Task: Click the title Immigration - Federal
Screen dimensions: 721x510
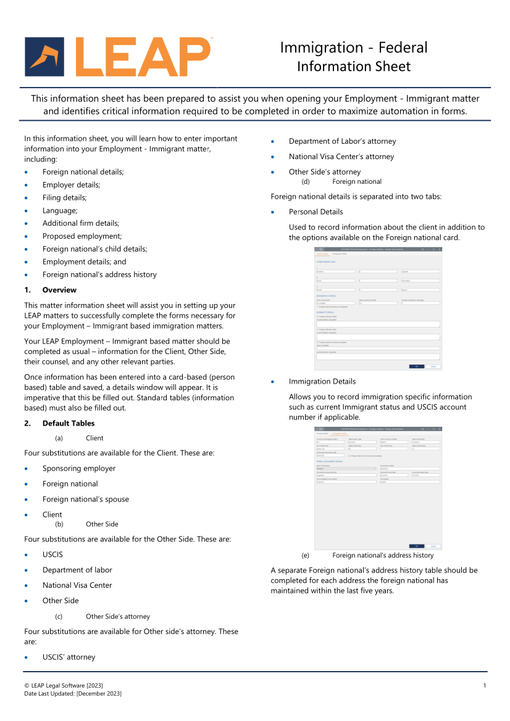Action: coord(353,47)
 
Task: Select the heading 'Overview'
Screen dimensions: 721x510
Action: coord(59,290)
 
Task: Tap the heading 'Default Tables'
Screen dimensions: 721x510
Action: coord(69,423)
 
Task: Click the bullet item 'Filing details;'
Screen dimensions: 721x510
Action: coord(64,197)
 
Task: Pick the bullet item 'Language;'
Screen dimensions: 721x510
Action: coord(60,210)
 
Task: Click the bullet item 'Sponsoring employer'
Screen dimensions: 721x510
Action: coord(79,468)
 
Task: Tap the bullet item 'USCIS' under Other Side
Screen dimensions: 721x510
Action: coord(52,554)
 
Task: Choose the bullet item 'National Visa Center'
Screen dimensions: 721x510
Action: coord(77,585)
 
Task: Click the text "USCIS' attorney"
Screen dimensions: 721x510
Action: coord(69,657)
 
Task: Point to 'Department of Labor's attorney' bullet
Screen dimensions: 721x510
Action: coord(342,141)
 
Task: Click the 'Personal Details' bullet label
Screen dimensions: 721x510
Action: coord(316,212)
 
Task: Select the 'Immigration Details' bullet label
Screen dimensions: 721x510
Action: coord(322,381)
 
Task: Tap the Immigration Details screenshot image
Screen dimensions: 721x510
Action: coord(378,487)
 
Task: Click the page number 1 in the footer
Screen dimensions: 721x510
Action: coord(485,686)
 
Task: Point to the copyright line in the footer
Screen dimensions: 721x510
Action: coord(64,686)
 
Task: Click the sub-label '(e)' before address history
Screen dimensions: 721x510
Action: coord(306,555)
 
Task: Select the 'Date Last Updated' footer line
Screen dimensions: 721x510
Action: coord(73,694)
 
